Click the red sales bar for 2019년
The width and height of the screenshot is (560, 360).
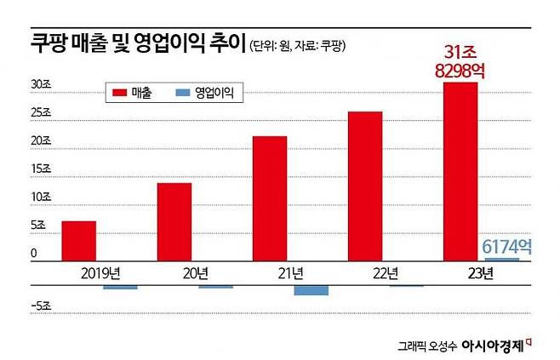click(78, 241)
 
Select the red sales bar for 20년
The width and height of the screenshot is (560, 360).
click(174, 221)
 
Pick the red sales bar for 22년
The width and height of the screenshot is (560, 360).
click(364, 186)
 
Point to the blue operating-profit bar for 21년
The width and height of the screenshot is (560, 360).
click(311, 290)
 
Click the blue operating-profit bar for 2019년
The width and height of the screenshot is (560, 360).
click(120, 288)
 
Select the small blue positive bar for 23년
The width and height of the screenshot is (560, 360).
click(502, 259)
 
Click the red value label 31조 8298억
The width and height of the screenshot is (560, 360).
click(459, 61)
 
